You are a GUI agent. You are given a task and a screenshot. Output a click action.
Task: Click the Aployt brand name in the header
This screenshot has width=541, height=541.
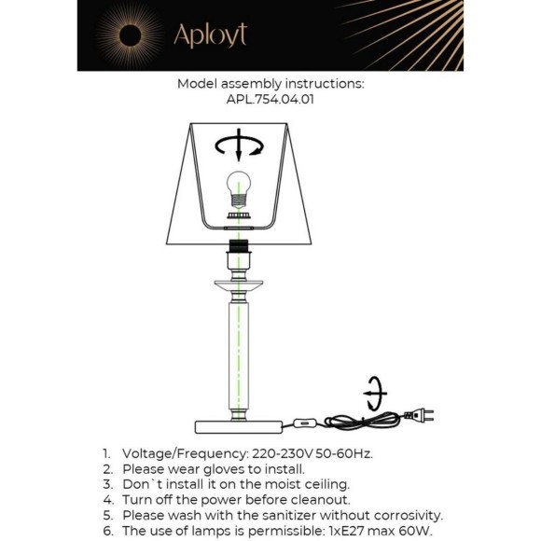point(211,35)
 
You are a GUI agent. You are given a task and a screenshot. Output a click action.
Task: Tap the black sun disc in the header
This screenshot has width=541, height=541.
point(130,35)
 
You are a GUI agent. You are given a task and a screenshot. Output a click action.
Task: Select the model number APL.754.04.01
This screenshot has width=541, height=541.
point(270,100)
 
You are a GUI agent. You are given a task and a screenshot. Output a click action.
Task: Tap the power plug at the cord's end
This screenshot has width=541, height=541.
point(419,415)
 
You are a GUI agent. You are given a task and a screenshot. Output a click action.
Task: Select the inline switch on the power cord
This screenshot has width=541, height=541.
point(305,423)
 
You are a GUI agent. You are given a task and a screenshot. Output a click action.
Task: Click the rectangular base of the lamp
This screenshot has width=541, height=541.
point(239,427)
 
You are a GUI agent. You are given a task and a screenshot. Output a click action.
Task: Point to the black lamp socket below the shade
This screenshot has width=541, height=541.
point(239,245)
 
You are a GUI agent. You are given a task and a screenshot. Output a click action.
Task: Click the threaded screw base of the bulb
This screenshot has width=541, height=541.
point(239,201)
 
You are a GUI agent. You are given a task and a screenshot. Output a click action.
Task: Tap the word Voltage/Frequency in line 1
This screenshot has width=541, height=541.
point(186,453)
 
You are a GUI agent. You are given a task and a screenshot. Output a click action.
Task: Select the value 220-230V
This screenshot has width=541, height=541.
point(283,453)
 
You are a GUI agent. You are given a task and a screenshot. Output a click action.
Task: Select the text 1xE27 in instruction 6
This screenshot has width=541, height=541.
point(347,531)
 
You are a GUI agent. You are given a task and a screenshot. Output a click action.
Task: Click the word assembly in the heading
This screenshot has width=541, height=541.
point(251,84)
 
